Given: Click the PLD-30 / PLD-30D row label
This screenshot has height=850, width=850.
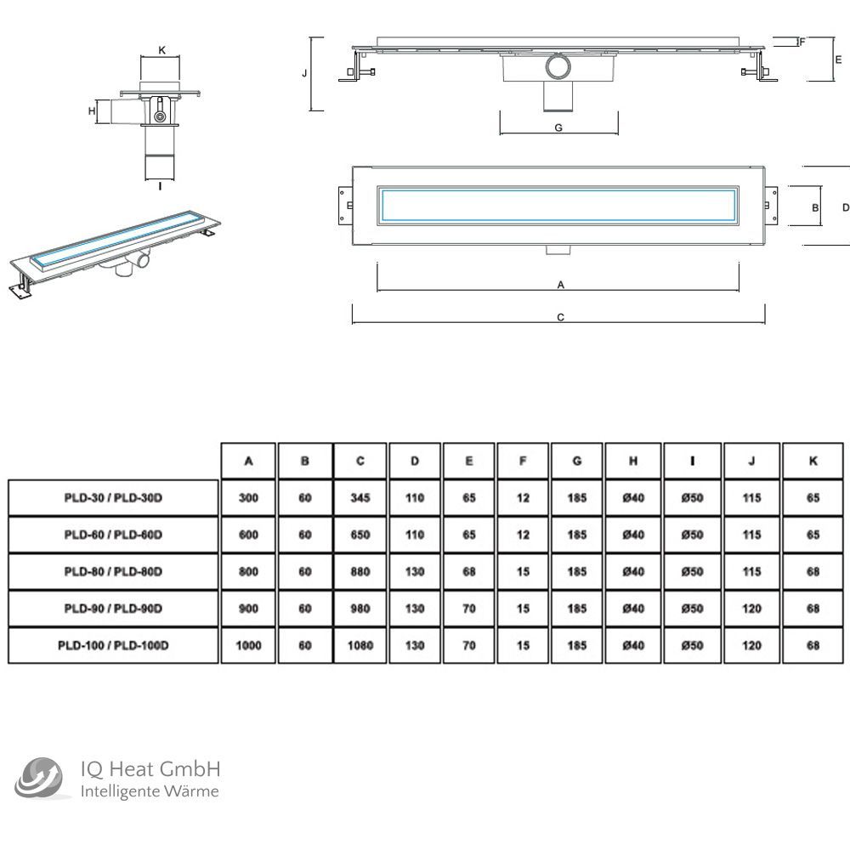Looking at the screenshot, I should click(113, 498).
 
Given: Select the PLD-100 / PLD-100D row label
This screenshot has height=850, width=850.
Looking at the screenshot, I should click(113, 646).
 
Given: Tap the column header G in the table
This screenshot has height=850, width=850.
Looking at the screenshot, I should click(577, 461).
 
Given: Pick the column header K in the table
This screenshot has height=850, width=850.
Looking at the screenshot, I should click(813, 461).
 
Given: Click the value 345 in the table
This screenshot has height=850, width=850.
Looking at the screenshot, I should click(360, 498).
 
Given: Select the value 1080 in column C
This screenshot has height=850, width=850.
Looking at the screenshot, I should click(360, 646).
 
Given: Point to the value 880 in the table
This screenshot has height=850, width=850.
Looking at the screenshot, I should click(360, 572).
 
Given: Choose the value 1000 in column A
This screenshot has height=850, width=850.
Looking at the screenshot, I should click(249, 646).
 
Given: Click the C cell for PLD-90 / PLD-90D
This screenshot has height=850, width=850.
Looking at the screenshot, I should click(360, 609).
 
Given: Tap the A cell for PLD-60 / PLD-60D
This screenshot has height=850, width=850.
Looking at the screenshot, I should click(249, 535).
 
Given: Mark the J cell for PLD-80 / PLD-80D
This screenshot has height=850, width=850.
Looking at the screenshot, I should click(751, 572).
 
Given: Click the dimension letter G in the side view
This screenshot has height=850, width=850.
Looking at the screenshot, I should click(558, 127).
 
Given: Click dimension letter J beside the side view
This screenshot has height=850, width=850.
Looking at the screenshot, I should click(304, 74).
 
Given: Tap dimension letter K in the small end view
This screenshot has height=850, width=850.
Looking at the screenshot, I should click(161, 49).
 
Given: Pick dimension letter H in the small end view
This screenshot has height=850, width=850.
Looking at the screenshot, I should click(91, 110).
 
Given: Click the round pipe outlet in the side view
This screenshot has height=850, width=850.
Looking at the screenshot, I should click(558, 67).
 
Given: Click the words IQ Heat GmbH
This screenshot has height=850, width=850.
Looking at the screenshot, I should click(150, 770).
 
